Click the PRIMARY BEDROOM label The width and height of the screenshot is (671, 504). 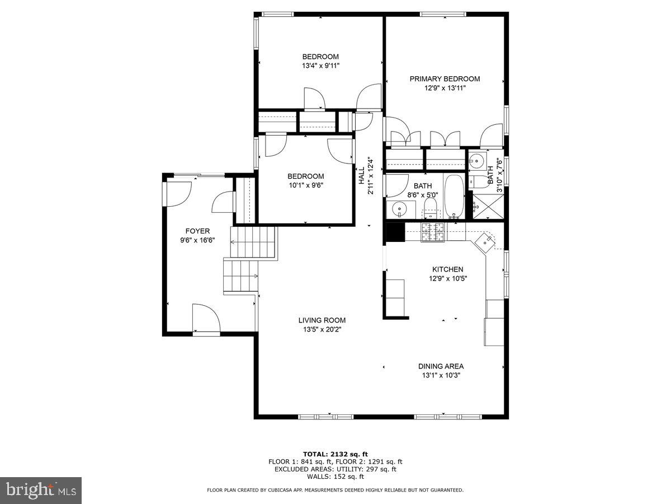point(445,79)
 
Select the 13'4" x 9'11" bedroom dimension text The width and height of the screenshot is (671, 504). point(320,66)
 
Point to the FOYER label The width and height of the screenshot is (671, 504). point(197,231)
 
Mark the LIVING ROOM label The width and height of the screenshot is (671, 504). point(322,320)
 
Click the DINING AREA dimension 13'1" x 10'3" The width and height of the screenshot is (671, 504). point(441,375)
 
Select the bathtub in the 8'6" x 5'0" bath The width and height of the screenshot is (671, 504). point(453,196)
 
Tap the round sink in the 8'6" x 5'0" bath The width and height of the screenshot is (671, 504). point(399,209)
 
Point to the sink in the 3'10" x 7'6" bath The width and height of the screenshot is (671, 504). point(476,161)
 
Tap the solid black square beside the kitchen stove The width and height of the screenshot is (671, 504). point(395,232)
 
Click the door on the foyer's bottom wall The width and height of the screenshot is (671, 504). point(206,319)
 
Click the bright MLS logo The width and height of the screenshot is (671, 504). point(40,491)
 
